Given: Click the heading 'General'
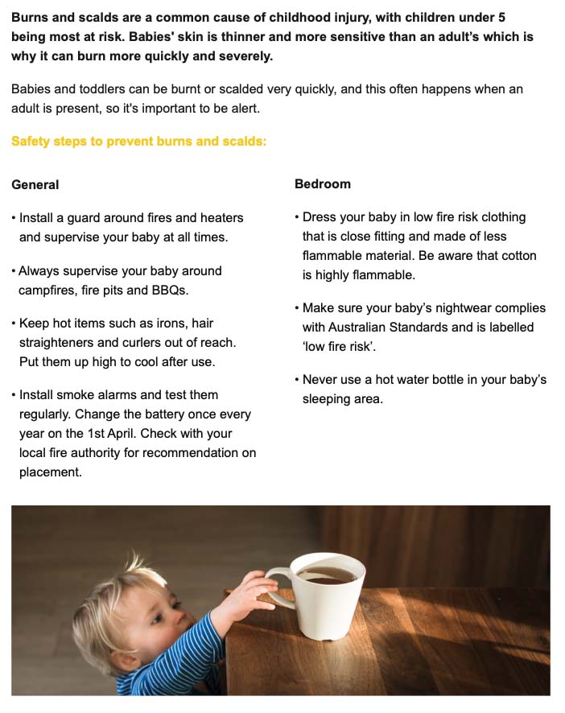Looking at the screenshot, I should coord(35,185).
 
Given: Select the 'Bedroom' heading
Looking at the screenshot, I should coord(323,184).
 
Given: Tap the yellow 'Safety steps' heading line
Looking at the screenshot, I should coord(138,142).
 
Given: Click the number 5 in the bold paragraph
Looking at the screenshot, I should coord(501,17).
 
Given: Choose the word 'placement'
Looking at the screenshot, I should coord(50,472).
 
